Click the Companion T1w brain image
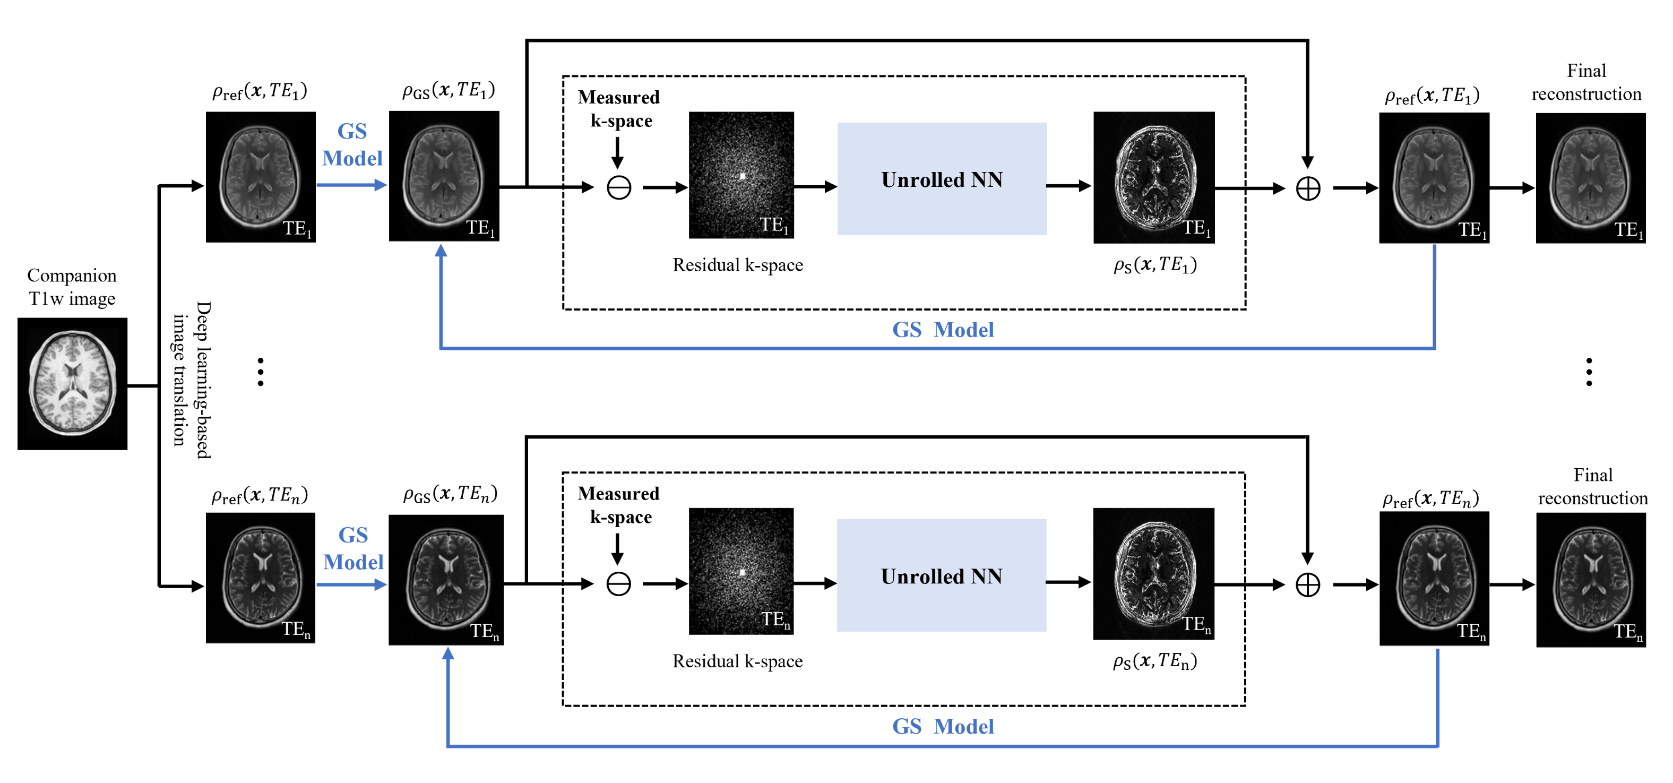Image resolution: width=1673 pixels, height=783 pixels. [x=72, y=383]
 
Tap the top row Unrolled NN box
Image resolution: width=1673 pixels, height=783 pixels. [x=941, y=179]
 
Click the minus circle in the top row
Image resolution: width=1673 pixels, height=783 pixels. [x=618, y=188]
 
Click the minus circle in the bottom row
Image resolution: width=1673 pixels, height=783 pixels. [x=618, y=583]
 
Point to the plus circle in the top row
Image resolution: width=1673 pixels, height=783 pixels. [x=1307, y=189]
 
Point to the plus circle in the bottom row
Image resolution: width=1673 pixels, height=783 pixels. [x=1307, y=585]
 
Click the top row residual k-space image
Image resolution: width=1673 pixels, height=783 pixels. [x=741, y=175]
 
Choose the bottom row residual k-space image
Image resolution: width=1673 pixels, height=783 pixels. [x=741, y=571]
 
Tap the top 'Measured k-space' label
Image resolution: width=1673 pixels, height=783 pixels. [x=619, y=108]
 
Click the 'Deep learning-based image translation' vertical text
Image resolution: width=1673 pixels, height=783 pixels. [x=192, y=380]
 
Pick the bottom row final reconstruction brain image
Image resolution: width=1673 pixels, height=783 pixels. [x=1591, y=580]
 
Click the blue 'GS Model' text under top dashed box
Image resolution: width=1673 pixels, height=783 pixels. [x=942, y=330]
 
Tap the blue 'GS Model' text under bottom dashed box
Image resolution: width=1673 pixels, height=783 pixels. [x=942, y=727]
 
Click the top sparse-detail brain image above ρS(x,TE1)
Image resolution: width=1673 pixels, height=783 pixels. [x=1153, y=177]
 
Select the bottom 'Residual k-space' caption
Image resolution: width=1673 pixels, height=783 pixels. [x=737, y=661]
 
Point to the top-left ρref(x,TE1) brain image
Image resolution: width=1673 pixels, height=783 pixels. [x=261, y=177]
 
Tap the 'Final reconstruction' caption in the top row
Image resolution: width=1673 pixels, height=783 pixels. [x=1586, y=82]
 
